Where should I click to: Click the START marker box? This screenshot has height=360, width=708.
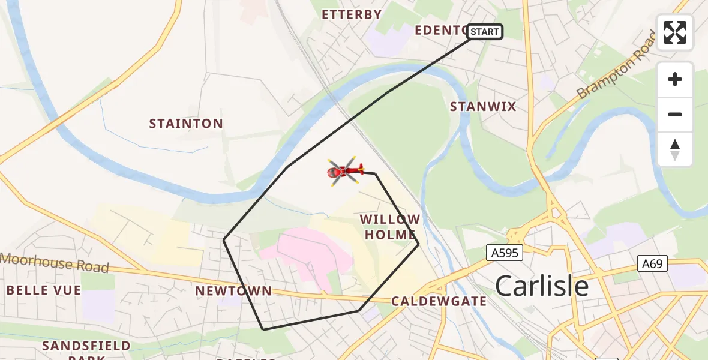[x=485, y=32]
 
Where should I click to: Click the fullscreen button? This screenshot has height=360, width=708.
[x=675, y=32]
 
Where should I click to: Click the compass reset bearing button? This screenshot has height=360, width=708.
[x=675, y=149]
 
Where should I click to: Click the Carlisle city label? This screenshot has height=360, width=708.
[x=542, y=287]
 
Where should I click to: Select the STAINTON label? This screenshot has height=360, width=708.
[x=186, y=124]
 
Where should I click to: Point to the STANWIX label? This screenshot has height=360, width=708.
[x=483, y=107]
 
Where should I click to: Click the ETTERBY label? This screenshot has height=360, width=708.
[x=352, y=15]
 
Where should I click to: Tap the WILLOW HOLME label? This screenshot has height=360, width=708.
[x=390, y=227]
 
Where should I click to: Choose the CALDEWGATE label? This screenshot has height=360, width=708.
[x=439, y=301]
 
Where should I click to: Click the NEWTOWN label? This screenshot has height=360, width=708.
[x=233, y=292]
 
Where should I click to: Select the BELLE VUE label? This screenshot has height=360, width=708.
[x=44, y=290]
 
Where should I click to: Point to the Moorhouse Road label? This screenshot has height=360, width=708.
[x=55, y=263]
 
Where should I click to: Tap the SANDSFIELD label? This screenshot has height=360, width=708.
[x=87, y=346]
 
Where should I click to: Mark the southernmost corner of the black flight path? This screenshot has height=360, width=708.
[x=263, y=329]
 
